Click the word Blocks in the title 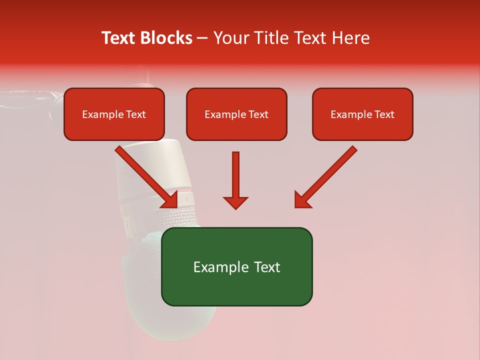(167, 38)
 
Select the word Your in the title (230, 38)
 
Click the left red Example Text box (114, 114)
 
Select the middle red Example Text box (236, 114)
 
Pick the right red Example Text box (362, 114)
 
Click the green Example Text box (236, 266)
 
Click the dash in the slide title (202, 38)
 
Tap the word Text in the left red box (136, 114)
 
